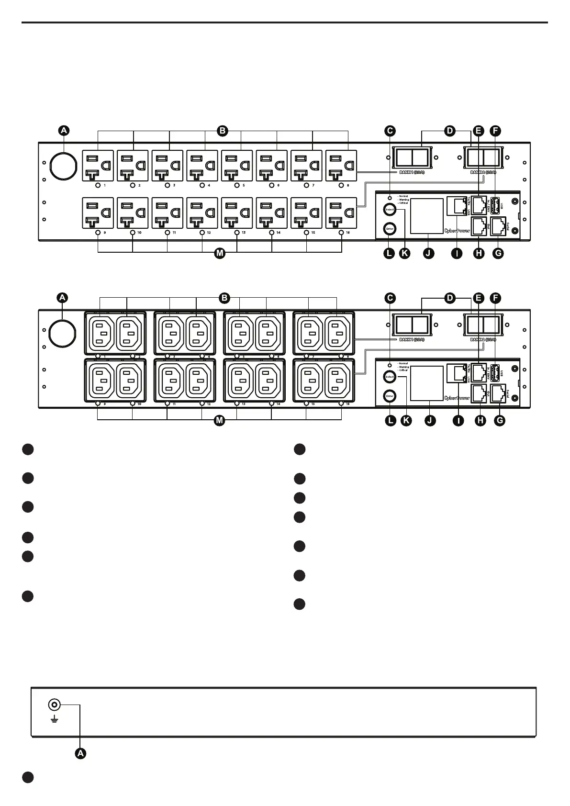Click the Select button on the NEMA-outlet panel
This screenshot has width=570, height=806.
pos(390,210)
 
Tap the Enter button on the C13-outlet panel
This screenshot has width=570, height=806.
pos(390,396)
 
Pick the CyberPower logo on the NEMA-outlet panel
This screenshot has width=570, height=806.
pos(457,231)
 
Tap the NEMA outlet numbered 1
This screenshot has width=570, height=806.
pos(99,166)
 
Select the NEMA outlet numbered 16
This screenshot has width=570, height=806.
pos(341,213)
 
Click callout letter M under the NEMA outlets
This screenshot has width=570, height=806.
pos(219,253)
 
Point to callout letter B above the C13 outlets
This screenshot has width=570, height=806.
pos(224,298)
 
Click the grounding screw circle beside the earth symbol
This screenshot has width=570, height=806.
pos(54,705)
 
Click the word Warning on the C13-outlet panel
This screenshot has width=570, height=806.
pos(403,367)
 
